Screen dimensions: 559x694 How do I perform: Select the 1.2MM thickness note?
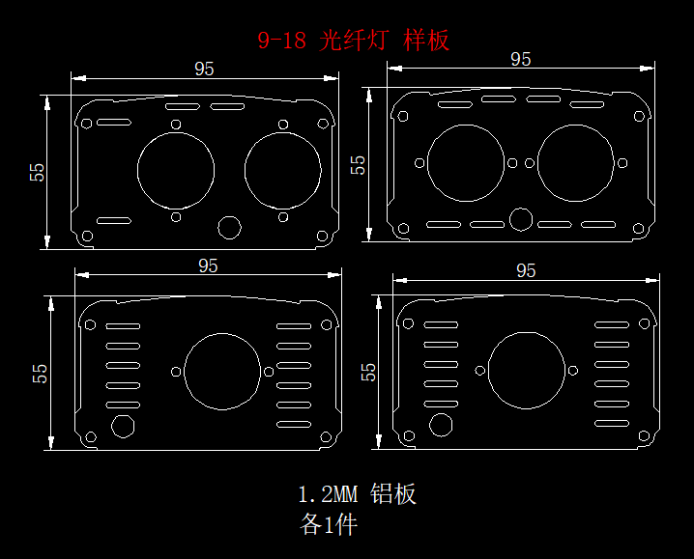[328, 495]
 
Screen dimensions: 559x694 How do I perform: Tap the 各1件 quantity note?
[329, 525]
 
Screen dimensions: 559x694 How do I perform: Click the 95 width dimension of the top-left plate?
[204, 69]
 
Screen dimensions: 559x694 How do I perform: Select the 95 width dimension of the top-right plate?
[520, 60]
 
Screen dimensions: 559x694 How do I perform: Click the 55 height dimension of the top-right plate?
[359, 164]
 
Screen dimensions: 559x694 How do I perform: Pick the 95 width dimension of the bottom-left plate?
[208, 266]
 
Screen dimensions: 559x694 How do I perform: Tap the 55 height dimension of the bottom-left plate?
[41, 373]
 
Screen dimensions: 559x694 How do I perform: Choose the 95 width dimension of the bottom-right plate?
[526, 271]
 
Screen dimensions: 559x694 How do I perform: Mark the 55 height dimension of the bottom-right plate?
[368, 372]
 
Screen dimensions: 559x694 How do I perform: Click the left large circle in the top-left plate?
[176, 170]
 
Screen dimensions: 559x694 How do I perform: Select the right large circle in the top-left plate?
[283, 170]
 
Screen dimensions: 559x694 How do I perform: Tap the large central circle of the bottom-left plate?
[221, 372]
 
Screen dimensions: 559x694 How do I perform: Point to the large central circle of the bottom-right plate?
[526, 372]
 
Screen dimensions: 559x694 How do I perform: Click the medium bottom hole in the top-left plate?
[230, 227]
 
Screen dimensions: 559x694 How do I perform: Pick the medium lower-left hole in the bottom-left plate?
[123, 425]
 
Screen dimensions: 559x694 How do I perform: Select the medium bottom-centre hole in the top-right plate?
[520, 219]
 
